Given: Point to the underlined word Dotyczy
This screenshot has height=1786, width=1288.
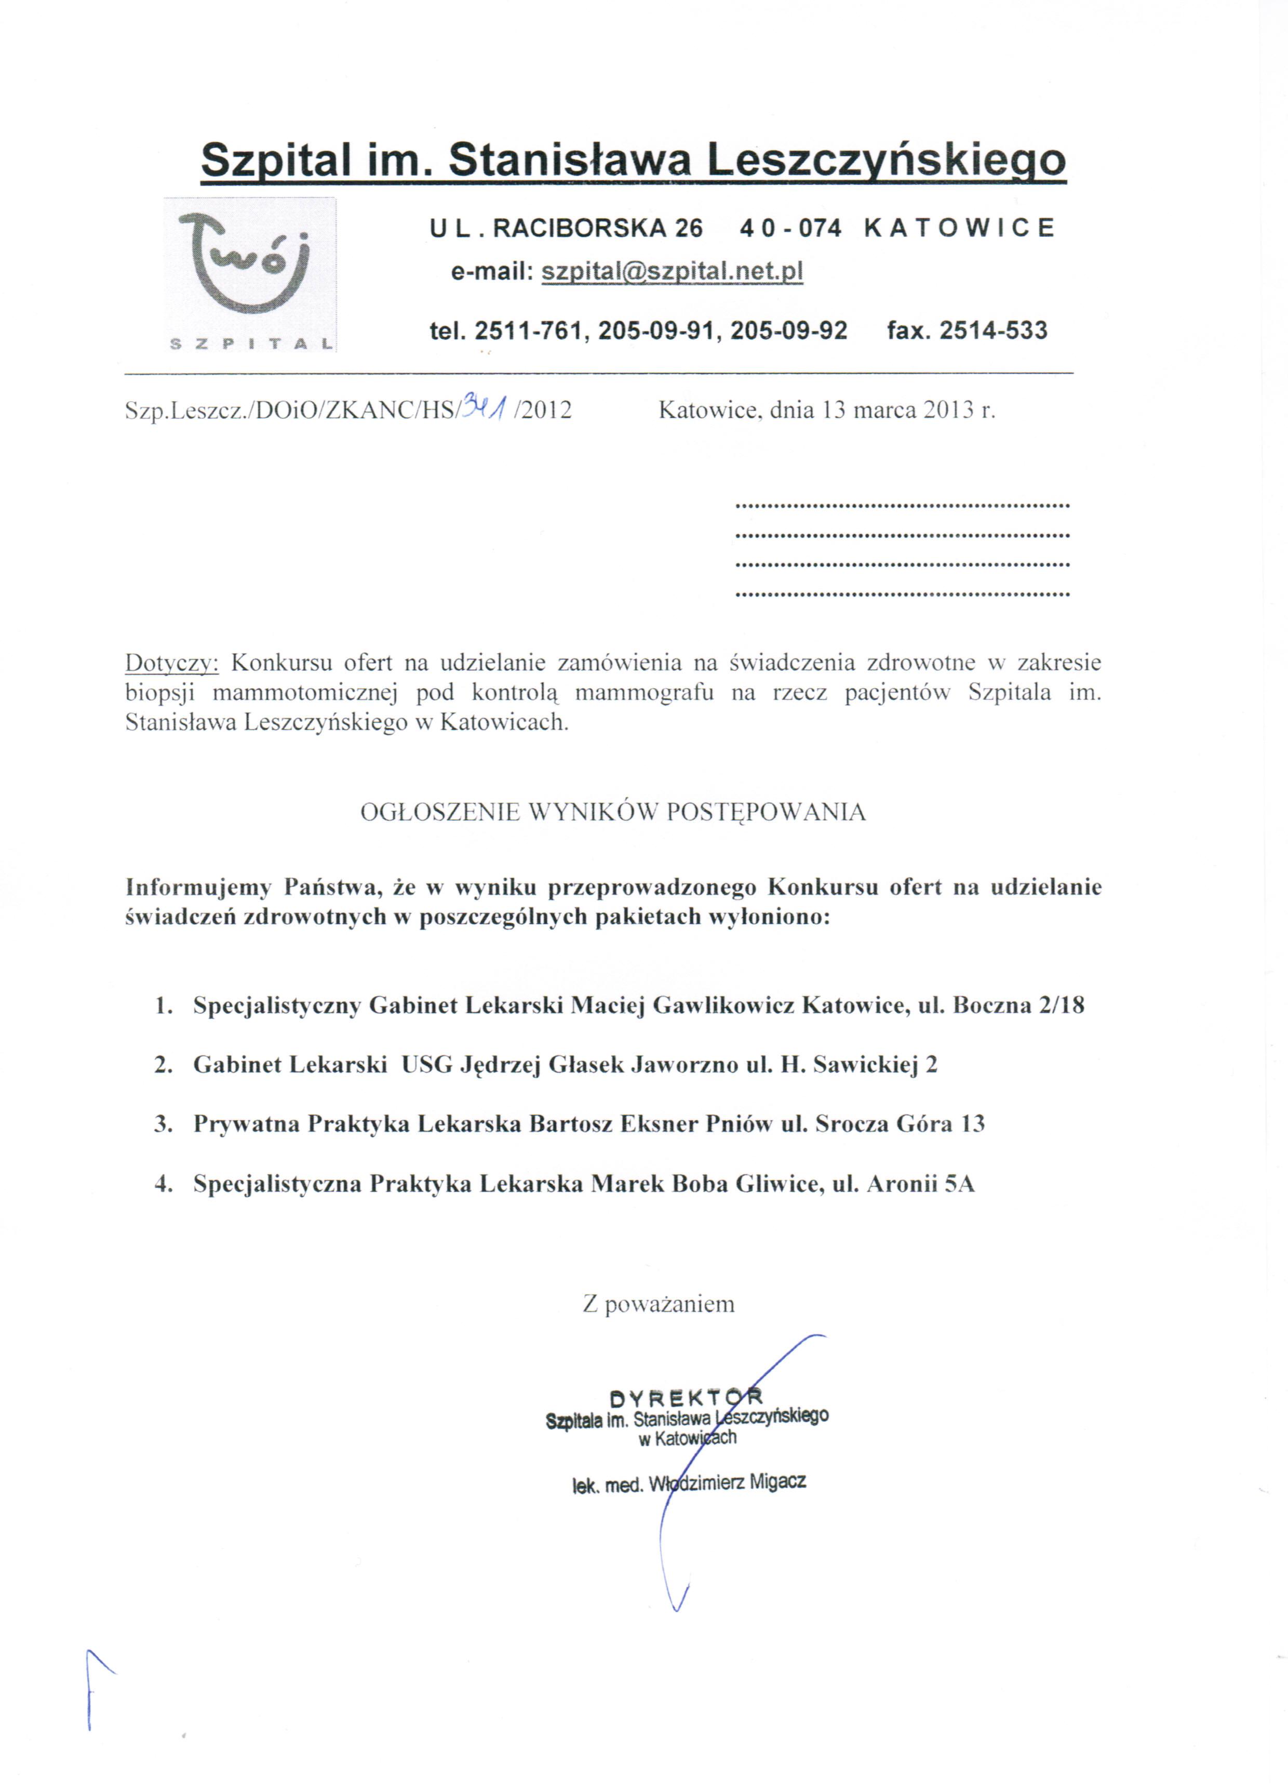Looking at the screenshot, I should pyautogui.click(x=171, y=663).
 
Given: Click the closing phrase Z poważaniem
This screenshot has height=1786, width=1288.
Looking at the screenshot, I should pyautogui.click(x=658, y=1304).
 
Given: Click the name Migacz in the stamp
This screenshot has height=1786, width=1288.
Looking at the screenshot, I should pyautogui.click(x=777, y=1482).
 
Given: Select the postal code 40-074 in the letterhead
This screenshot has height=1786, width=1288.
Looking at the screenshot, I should pyautogui.click(x=790, y=228).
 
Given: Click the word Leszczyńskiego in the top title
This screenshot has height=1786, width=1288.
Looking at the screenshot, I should pyautogui.click(x=886, y=161).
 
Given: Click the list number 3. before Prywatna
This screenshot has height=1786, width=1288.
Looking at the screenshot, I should pyautogui.click(x=163, y=1124).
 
